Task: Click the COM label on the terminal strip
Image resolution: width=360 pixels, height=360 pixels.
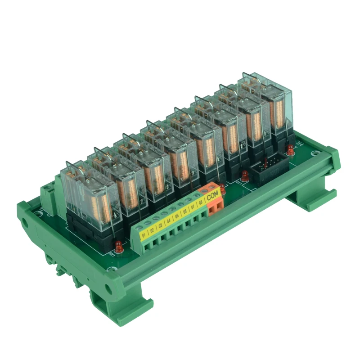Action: click(212, 195)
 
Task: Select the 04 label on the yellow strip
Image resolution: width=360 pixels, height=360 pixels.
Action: click(169, 221)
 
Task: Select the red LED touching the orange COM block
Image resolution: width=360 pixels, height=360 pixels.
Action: click(221, 187)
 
